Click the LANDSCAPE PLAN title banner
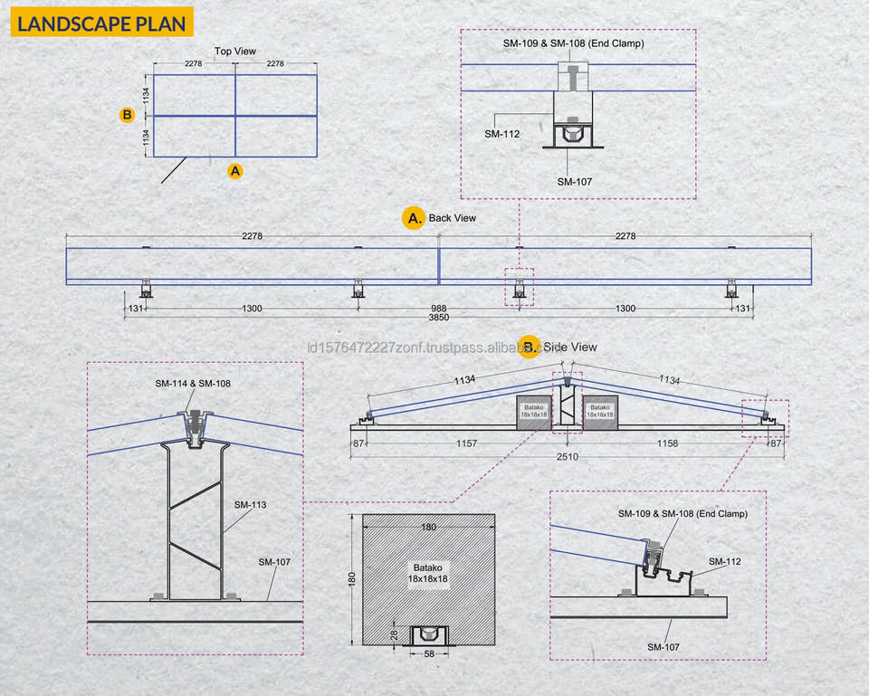[102, 22]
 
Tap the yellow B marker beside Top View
[127, 115]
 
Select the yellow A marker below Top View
[235, 171]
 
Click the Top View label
[235, 51]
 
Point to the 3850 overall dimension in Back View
[438, 318]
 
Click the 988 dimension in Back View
[438, 308]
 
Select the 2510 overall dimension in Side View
[567, 457]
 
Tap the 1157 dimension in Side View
[466, 443]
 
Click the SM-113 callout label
[250, 505]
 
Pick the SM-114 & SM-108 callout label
[192, 384]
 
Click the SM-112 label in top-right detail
[502, 134]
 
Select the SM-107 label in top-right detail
[575, 182]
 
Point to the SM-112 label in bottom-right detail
[725, 561]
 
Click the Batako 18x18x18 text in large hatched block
[428, 574]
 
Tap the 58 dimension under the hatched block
[429, 653]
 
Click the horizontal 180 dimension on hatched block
[428, 527]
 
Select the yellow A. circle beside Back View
[414, 218]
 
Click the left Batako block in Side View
[534, 413]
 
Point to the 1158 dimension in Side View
[667, 443]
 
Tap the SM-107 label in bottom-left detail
[274, 562]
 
